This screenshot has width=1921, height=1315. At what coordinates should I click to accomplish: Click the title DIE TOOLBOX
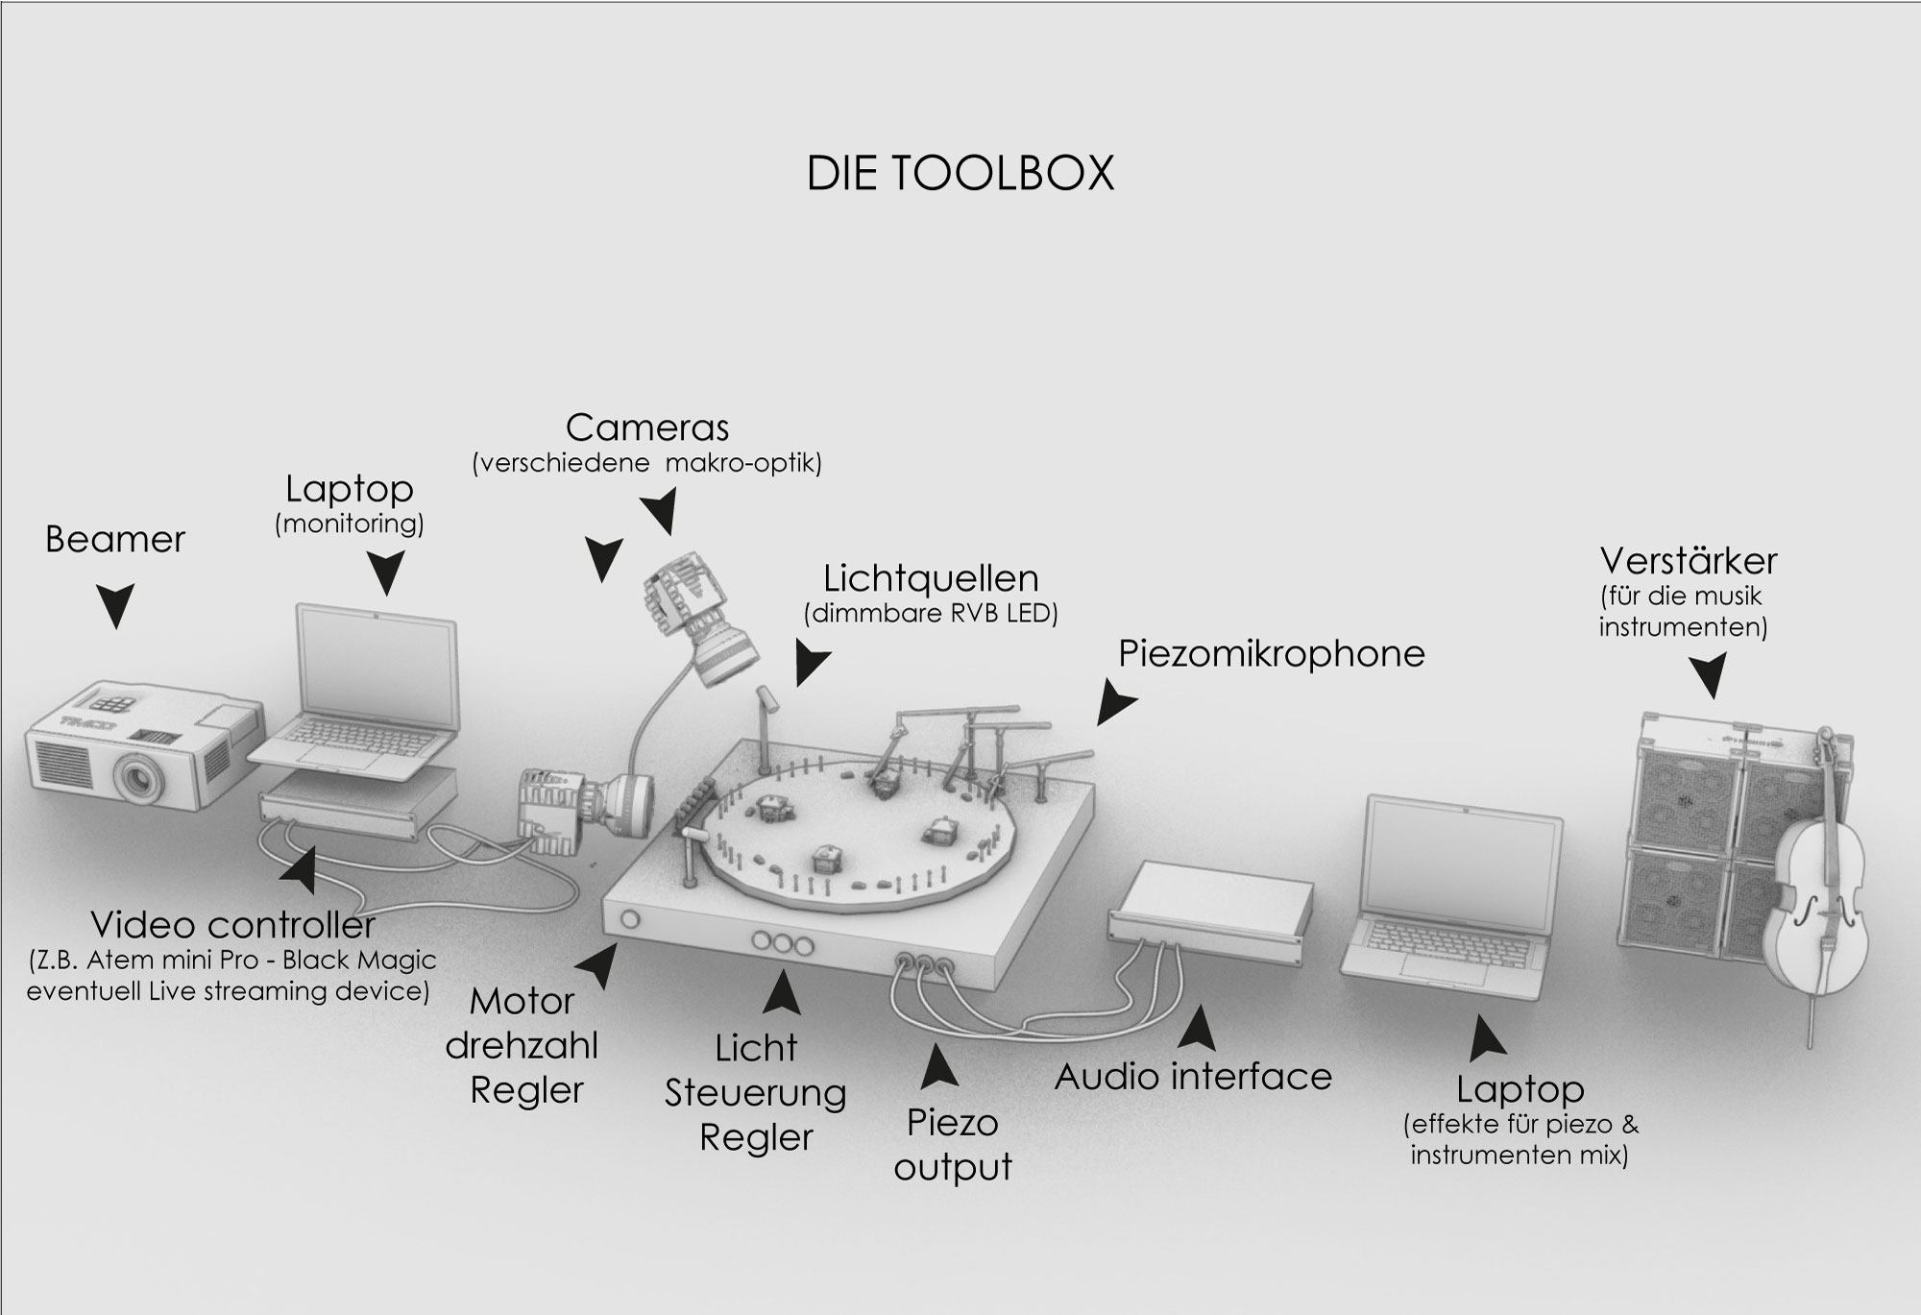tap(960, 173)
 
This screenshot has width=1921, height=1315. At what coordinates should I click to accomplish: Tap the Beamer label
tap(115, 540)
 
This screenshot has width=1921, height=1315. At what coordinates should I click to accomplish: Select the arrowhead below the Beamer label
tap(116, 606)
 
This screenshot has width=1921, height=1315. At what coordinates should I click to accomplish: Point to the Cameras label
tap(647, 427)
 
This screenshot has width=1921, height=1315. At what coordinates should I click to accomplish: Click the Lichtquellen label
tap(931, 578)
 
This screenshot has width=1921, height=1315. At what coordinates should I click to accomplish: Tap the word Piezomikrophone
tap(1272, 654)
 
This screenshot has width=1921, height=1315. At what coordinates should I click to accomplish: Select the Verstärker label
tap(1689, 561)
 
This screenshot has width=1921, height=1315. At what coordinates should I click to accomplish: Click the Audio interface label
tap(1193, 1077)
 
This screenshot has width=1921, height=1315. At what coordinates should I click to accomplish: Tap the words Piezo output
tap(953, 1145)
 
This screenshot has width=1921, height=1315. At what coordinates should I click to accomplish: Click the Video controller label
tap(232, 925)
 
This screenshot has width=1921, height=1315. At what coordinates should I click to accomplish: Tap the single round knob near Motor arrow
tap(630, 919)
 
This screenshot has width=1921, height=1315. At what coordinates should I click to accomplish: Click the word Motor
tap(522, 1002)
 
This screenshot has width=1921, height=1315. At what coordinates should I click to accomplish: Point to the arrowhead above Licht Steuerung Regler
tap(783, 992)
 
